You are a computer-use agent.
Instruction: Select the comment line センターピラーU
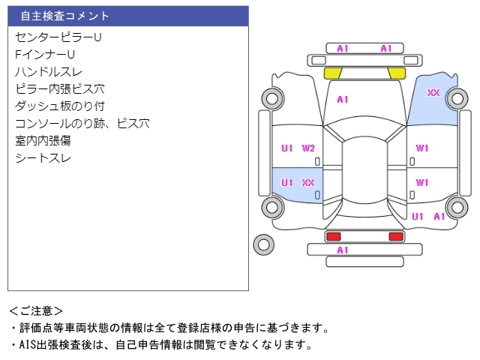tap(58, 37)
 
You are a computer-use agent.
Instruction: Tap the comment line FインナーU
tap(45, 54)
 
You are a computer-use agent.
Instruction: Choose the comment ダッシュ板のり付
tap(59, 106)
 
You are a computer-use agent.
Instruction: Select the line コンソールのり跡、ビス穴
tap(82, 123)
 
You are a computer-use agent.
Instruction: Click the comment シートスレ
tap(43, 157)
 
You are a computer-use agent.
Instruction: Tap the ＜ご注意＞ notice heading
tap(37, 310)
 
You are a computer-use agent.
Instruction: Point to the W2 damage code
tap(308, 148)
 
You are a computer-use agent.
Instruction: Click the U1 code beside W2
tap(287, 148)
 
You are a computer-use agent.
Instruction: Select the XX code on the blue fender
tap(433, 93)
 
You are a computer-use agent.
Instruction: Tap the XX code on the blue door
tap(308, 182)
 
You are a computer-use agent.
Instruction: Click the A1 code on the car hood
tap(343, 99)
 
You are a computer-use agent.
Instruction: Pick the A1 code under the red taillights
tap(343, 250)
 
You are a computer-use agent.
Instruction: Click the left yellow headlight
tap(333, 73)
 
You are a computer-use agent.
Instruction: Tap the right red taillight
tap(395, 236)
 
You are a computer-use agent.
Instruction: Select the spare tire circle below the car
tap(263, 244)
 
